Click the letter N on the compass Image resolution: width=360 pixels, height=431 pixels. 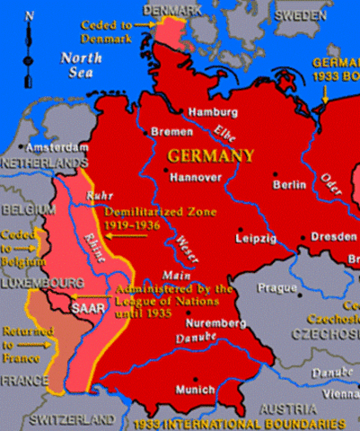31,16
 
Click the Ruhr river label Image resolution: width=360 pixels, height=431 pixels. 96,195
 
